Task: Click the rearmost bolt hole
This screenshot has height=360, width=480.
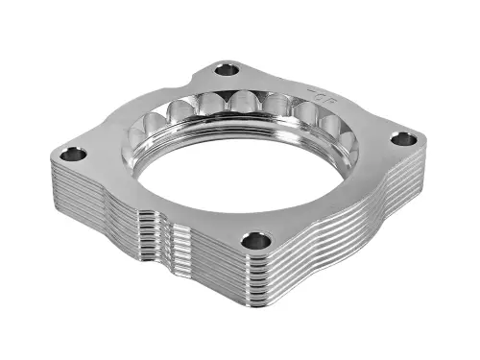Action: pos(227,69)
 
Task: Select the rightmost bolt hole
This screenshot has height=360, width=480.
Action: pos(404,139)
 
